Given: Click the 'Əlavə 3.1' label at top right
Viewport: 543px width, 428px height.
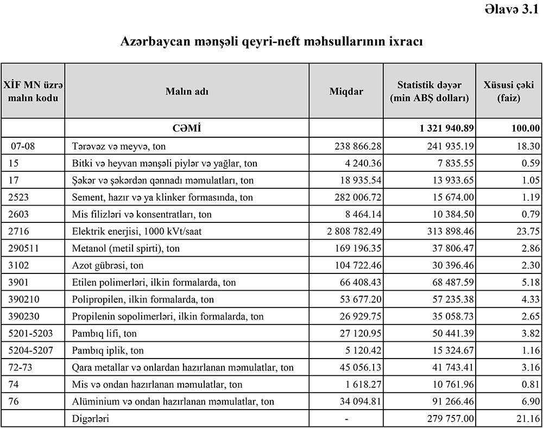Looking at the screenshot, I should coord(512,9).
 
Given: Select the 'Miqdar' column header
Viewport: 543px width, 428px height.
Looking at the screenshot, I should coord(346,92).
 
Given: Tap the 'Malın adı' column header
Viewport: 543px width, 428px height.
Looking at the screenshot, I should coord(187,92).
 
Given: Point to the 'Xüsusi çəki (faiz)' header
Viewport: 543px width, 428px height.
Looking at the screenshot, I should coord(509,92).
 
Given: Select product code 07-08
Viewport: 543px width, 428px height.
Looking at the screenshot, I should coord(22,145).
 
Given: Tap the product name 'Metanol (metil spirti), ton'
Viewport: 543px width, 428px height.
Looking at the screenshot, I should coord(126,248).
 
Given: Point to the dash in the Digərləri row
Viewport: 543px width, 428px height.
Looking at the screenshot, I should coord(346,419).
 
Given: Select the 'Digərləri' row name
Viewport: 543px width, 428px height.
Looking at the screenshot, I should coord(91,419).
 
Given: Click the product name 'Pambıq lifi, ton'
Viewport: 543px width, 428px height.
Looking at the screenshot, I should coord(104,334).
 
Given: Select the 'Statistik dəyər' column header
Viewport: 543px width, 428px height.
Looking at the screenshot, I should coord(429,92).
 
